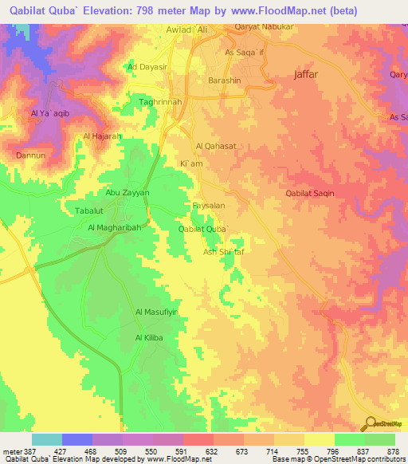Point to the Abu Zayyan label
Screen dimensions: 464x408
[x=127, y=192]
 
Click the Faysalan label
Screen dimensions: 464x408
[x=210, y=205]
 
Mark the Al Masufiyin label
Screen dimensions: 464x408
[x=155, y=312]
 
